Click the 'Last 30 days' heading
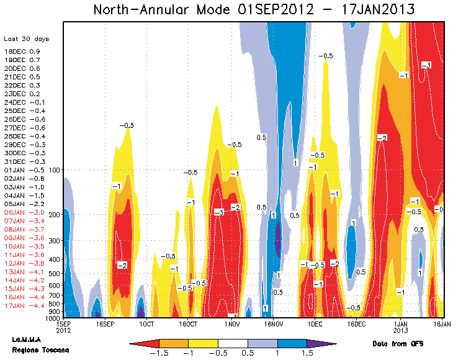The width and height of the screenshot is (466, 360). click(26, 39)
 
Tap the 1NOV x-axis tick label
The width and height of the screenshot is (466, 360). click(233, 324)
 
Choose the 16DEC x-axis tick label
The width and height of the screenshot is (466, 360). click(356, 324)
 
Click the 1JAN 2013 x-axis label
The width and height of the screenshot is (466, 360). click(400, 327)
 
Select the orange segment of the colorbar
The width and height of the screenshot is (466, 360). click(174, 343)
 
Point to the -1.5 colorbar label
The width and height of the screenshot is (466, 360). click(159, 353)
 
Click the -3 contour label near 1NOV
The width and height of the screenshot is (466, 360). click(218, 213)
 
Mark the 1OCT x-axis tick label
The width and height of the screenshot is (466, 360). click(146, 324)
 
